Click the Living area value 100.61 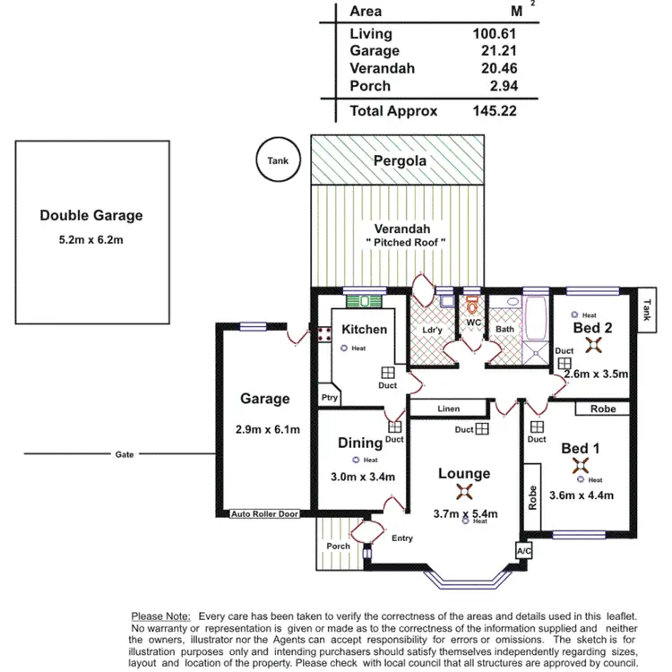pyautogui.click(x=495, y=34)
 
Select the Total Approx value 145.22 pyautogui.click(x=495, y=111)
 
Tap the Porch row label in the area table pyautogui.click(x=370, y=86)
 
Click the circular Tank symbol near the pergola pyautogui.click(x=278, y=161)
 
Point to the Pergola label pyautogui.click(x=400, y=161)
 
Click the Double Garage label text pyautogui.click(x=90, y=215)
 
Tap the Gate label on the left pyautogui.click(x=125, y=454)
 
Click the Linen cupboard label pyautogui.click(x=448, y=409)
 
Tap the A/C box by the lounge pyautogui.click(x=524, y=550)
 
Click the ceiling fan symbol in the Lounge pyautogui.click(x=464, y=491)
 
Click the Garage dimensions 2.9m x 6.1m pyautogui.click(x=267, y=429)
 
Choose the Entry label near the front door pyautogui.click(x=402, y=538)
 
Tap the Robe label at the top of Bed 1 pyautogui.click(x=602, y=409)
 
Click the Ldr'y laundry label pyautogui.click(x=433, y=330)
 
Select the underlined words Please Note pyautogui.click(x=160, y=616)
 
